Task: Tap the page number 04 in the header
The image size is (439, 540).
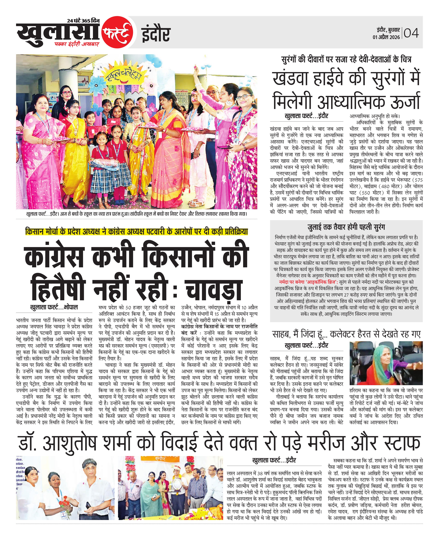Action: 411,33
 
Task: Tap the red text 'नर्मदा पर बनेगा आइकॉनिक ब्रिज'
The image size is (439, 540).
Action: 308,282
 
